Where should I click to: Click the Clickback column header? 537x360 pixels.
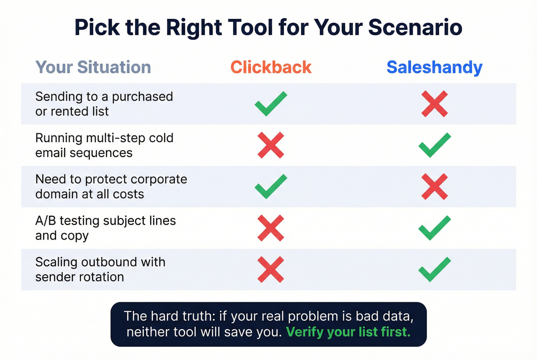271,67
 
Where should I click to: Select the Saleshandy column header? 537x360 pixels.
434,67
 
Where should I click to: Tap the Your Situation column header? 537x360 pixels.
93,67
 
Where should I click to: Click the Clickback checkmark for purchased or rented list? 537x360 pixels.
271,104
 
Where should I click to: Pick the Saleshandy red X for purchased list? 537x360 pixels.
435,104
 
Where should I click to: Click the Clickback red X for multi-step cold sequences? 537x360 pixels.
271,145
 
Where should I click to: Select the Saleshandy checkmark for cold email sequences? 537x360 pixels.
435,145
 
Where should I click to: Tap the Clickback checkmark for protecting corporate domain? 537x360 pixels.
271,186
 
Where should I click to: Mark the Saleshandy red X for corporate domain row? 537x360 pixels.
435,186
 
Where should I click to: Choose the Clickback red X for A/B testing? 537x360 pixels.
271,228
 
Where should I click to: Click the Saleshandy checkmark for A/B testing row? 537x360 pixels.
435,228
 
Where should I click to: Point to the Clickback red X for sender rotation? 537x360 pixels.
271,270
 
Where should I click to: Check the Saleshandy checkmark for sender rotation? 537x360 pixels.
435,270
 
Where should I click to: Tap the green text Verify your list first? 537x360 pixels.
348,332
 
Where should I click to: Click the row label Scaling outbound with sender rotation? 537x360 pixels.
100,270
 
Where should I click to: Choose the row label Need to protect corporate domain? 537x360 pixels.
111,186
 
